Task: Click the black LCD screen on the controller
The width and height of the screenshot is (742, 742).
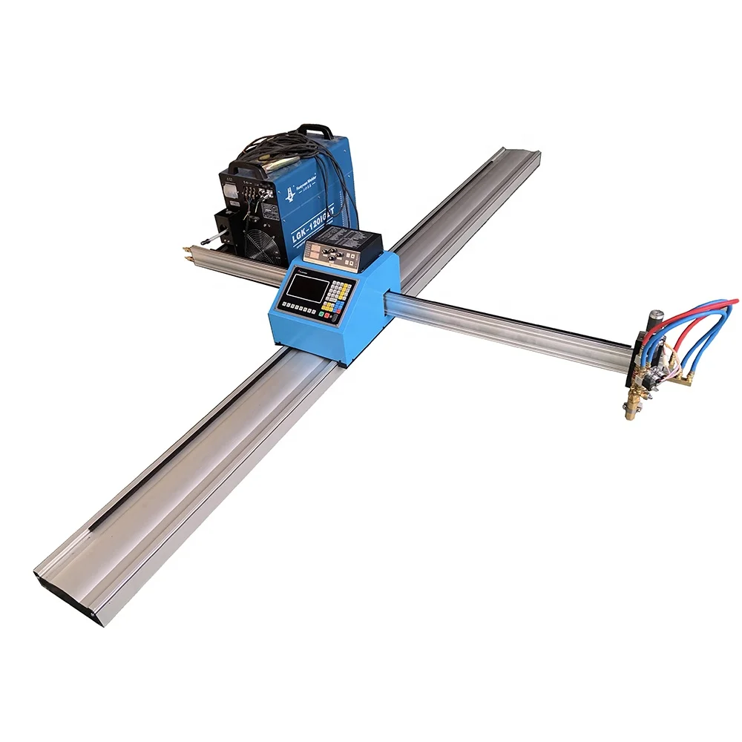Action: (306, 286)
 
